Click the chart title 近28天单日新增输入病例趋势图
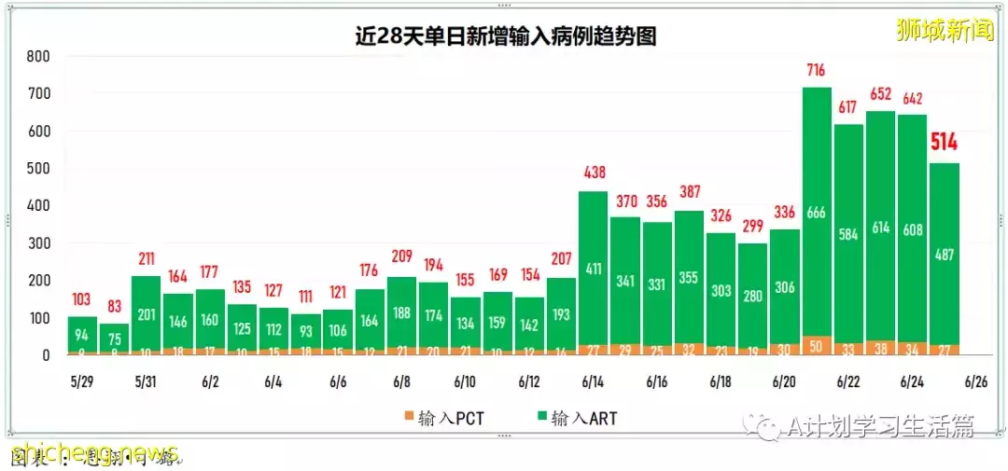[505, 35]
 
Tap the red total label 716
[817, 70]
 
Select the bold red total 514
[944, 143]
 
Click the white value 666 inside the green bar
[817, 213]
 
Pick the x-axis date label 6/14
[593, 382]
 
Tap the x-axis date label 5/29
[81, 382]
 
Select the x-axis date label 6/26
[975, 382]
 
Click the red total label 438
[594, 173]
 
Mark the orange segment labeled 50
[817, 346]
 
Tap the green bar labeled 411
[594, 270]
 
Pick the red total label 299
[752, 226]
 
